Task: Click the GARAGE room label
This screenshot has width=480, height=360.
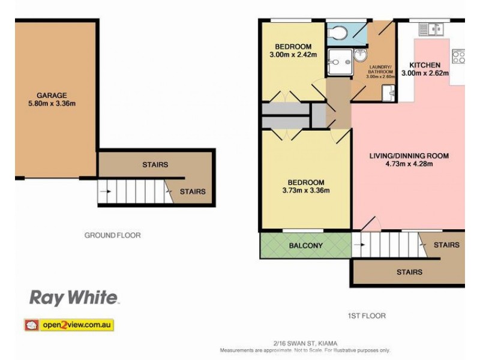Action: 52,95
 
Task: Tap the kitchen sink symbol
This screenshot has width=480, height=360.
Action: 430,28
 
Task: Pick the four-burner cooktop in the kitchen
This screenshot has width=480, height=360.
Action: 458,56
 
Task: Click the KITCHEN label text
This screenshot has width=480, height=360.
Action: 425,65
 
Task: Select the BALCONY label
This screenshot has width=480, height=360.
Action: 306,245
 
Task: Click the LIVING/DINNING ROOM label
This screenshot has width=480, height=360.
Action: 409,156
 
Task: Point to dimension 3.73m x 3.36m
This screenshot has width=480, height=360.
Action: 306,191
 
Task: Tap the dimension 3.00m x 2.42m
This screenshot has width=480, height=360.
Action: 293,55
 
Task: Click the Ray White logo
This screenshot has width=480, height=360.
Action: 74,297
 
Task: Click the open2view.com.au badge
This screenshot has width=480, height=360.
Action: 68,325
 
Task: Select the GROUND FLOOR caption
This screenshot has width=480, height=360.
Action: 112,235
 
